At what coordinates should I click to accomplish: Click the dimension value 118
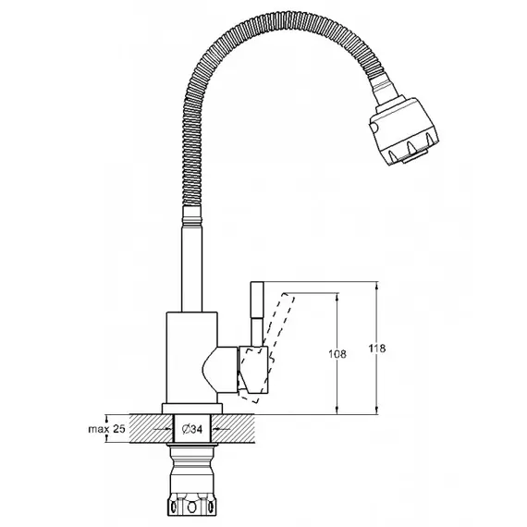pyautogui.click(x=377, y=349)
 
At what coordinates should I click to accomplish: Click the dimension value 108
pyautogui.click(x=337, y=354)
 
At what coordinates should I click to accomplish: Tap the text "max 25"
pyautogui.click(x=106, y=429)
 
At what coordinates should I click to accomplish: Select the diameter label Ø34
pyautogui.click(x=192, y=429)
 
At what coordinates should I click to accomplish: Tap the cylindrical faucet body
pyautogui.click(x=192, y=358)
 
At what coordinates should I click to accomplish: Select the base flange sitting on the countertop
pyautogui.click(x=192, y=409)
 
